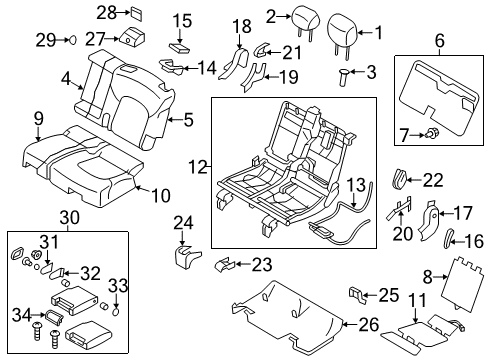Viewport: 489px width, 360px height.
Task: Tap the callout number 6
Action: pos(439,40)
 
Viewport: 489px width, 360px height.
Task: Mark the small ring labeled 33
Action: pos(116,311)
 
